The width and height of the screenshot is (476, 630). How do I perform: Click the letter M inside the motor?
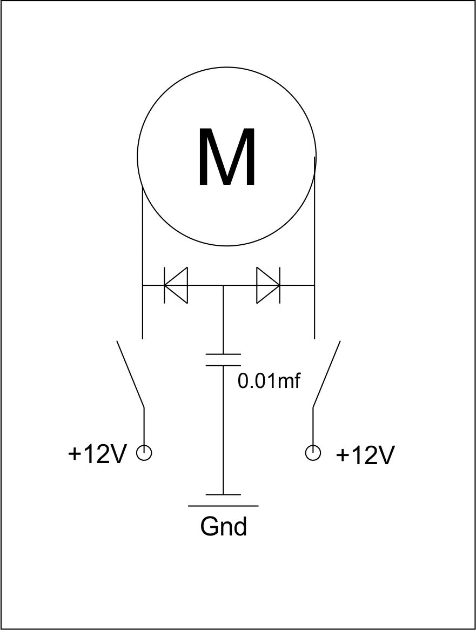pyautogui.click(x=227, y=158)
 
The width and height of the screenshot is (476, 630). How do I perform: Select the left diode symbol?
pyautogui.click(x=176, y=285)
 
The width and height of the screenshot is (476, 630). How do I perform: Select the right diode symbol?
pyautogui.click(x=268, y=285)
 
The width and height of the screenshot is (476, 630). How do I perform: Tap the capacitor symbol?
pyautogui.click(x=224, y=360)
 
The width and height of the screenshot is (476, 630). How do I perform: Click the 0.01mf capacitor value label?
pyautogui.click(x=269, y=381)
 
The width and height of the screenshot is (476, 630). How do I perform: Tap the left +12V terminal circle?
pyautogui.click(x=144, y=453)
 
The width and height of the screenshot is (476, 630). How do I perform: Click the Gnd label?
pyautogui.click(x=224, y=526)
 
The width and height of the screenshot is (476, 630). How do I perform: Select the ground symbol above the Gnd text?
pyautogui.click(x=224, y=500)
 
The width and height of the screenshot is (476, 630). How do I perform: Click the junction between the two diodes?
pyautogui.click(x=224, y=285)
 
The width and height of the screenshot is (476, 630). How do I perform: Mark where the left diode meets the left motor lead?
pyautogui.click(x=142, y=285)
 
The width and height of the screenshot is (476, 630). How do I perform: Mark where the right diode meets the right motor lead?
pyautogui.click(x=314, y=285)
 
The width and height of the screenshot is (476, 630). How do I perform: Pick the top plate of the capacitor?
pyautogui.click(x=224, y=354)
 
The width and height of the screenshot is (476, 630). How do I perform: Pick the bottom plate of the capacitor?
pyautogui.click(x=224, y=365)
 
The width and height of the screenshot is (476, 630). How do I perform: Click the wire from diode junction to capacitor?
pyautogui.click(x=224, y=319)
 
